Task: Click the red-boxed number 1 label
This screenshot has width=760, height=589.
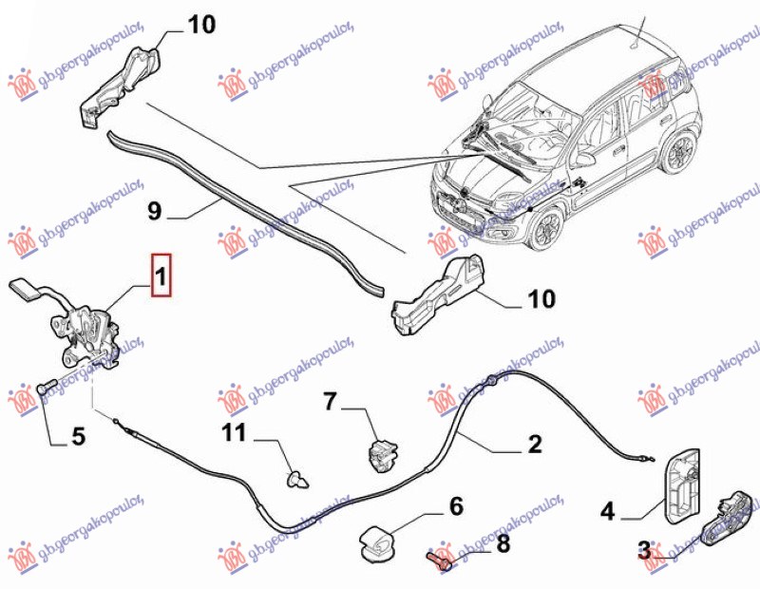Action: pos(161,277)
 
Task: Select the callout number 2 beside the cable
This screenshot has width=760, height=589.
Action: pos(534,443)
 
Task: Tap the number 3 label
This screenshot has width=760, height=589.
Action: pos(643,549)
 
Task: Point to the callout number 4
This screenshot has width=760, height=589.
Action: pos(607,513)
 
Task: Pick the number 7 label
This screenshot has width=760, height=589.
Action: pos(330,402)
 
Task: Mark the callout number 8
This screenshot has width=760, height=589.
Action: pos(503,544)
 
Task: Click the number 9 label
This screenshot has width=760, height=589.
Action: pos(156,211)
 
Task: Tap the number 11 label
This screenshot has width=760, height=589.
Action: pos(234,434)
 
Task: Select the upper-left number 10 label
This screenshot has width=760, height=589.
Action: pos(200,25)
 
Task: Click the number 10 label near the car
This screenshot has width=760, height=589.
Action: pos(541,300)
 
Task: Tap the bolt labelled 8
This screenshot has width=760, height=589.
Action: pos(440,555)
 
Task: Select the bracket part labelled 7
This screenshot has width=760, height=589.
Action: pos(383,449)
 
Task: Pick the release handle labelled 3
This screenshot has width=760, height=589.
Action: pos(729,519)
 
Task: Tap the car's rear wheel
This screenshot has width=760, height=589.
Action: pos(681,151)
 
